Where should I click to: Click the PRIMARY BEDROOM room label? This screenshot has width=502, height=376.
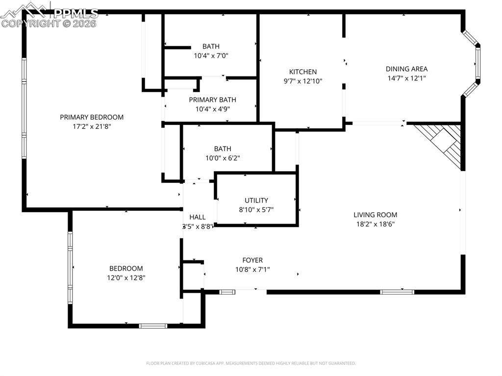(x=92, y=117)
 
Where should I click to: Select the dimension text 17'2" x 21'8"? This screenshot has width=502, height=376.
(x=92, y=126)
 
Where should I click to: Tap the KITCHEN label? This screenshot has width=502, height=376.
(x=302, y=72)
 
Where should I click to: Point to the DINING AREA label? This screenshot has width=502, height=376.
(x=406, y=69)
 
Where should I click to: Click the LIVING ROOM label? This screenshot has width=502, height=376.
(x=376, y=215)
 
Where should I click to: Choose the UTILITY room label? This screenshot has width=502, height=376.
(x=256, y=200)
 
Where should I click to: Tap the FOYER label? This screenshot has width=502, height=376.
(x=252, y=260)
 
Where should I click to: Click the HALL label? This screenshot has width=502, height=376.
(x=198, y=217)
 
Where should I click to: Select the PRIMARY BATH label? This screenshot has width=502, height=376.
(x=213, y=100)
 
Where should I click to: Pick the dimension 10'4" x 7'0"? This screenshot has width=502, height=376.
(x=211, y=56)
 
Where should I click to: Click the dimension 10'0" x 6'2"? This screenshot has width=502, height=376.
(x=223, y=158)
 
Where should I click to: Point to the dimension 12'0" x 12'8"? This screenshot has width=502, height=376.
(x=126, y=277)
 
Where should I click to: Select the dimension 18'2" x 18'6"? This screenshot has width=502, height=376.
(x=376, y=224)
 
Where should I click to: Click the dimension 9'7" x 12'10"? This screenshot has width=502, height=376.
(x=302, y=81)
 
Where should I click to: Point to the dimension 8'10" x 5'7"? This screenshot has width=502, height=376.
(x=256, y=209)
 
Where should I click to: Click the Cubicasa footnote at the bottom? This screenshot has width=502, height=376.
(x=251, y=363)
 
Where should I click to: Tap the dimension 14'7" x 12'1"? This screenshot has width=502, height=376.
(x=406, y=78)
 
